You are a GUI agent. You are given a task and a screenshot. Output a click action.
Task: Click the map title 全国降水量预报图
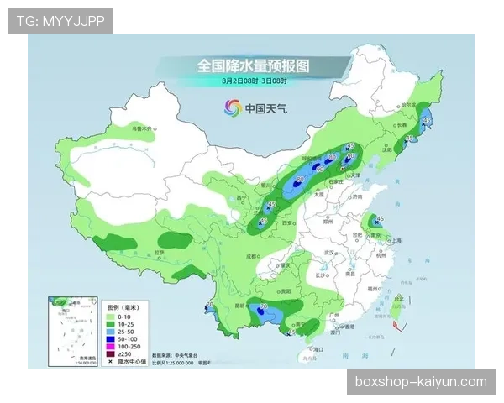click(x=254, y=65)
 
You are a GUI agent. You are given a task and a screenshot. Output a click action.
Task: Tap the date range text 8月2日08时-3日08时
click(x=255, y=81)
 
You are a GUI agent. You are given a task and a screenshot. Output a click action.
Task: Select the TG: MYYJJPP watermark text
click(x=60, y=21)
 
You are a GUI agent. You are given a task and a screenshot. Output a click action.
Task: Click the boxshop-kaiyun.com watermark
click(x=421, y=382)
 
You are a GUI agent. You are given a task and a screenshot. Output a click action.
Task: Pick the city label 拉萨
click(x=165, y=252)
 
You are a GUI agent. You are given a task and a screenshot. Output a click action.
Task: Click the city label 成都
click(x=249, y=255)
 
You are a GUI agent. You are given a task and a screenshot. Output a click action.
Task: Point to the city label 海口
click(x=317, y=348)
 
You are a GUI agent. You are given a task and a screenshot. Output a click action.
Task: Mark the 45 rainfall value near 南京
click(x=380, y=218)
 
